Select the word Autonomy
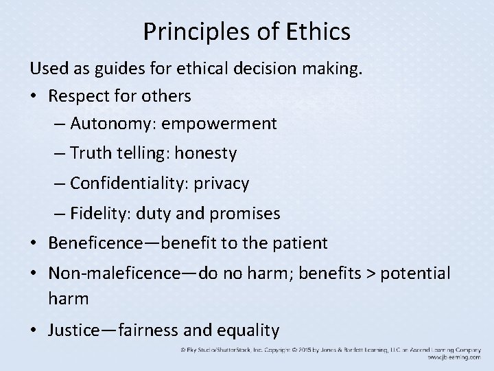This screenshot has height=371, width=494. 104,124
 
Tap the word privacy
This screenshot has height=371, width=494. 224,184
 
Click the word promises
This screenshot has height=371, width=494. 246,214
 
